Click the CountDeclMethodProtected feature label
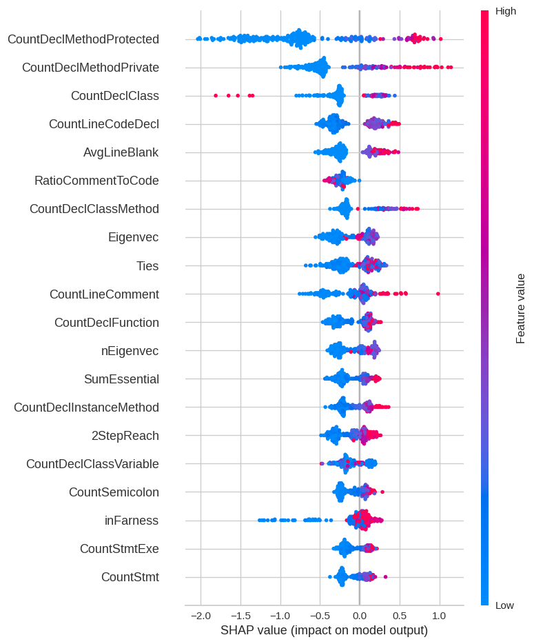[83, 39]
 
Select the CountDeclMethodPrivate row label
[90, 68]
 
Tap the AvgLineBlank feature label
[121, 152]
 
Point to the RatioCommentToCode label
[96, 181]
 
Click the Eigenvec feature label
[133, 237]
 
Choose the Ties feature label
[147, 265]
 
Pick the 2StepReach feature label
[125, 435]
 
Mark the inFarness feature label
[132, 520]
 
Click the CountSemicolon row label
[114, 492]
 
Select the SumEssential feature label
[121, 379]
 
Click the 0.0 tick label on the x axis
[359, 614]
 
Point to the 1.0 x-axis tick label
[439, 614]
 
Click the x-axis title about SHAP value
[324, 630]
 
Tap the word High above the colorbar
[505, 11]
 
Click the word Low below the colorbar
[504, 605]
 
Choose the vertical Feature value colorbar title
[521, 308]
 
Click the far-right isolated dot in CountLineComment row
[438, 294]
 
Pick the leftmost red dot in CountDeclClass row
[216, 96]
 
